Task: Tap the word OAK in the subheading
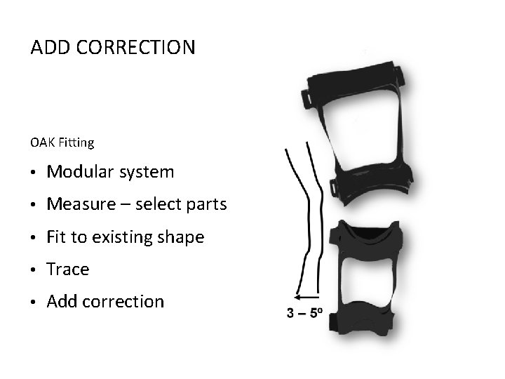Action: tap(41, 142)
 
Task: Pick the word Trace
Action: tap(68, 270)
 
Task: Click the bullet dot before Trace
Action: tap(34, 270)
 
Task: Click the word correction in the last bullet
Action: tap(123, 302)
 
